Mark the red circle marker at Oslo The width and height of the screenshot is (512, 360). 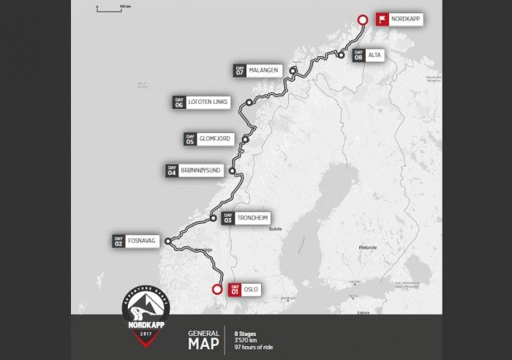[217, 288]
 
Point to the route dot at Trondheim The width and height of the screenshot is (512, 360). [212, 217]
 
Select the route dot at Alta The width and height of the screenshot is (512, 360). [341, 55]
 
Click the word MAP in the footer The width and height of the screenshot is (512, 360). [203, 343]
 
